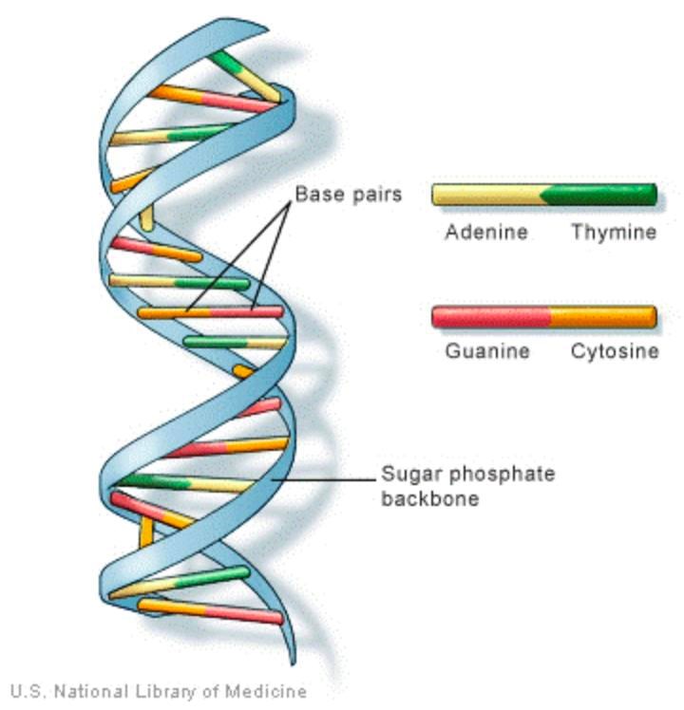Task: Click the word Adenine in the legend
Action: [485, 233]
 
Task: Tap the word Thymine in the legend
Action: [613, 233]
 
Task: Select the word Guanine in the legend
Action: [487, 352]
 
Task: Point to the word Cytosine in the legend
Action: [614, 352]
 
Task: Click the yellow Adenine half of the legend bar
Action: [484, 195]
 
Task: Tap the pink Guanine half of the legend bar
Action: [490, 316]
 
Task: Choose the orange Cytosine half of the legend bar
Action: [603, 316]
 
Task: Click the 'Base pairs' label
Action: [349, 195]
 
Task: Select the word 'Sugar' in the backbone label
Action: [408, 474]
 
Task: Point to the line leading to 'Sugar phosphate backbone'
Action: [323, 480]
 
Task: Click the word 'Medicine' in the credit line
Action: [269, 691]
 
